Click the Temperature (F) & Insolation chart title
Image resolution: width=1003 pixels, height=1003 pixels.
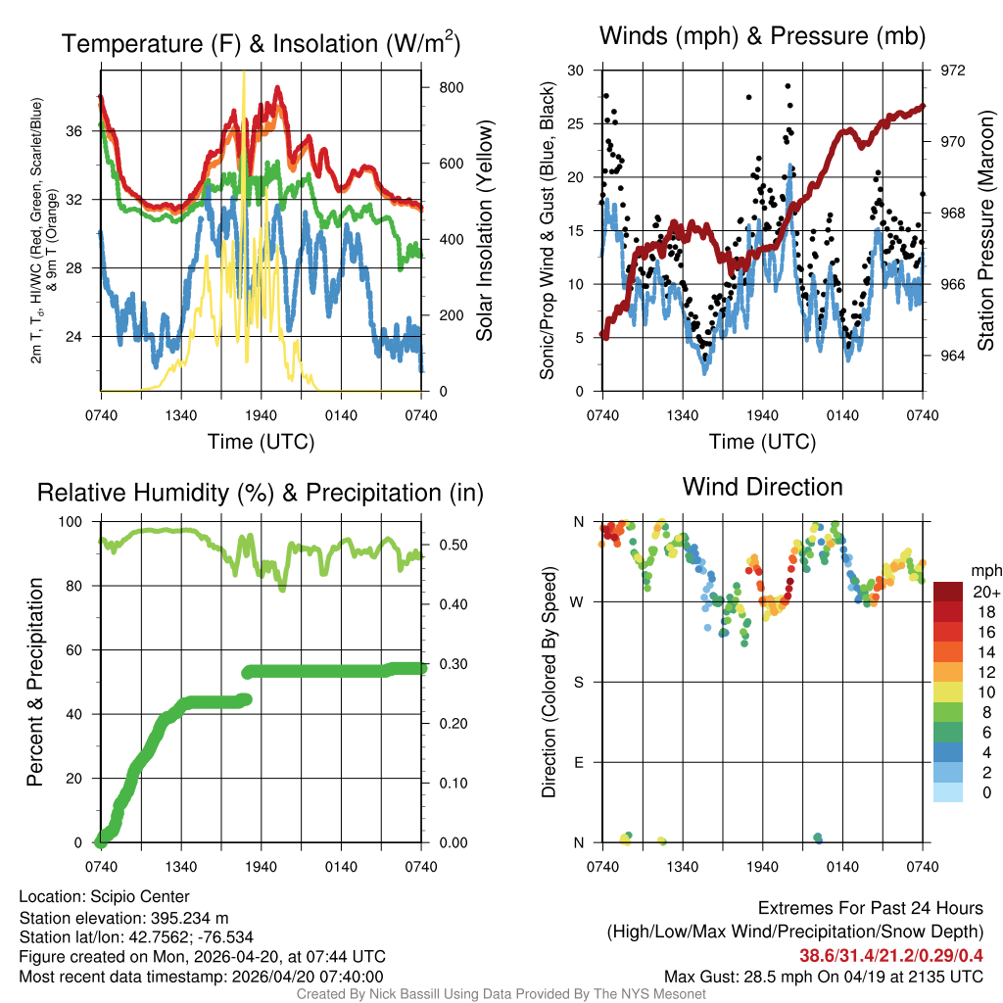click(261, 44)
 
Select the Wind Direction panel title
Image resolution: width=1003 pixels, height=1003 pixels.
click(763, 487)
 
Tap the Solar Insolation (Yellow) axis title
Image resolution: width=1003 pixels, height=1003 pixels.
click(484, 231)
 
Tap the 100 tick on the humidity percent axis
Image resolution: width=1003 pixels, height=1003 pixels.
click(81, 522)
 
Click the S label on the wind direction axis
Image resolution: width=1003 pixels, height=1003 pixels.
click(578, 682)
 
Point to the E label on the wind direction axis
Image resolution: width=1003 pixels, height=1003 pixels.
click(578, 762)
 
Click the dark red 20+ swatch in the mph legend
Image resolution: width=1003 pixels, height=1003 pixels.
click(949, 592)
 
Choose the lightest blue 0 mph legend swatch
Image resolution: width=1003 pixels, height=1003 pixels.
click(949, 793)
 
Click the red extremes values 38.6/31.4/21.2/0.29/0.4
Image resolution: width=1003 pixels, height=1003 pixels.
click(891, 955)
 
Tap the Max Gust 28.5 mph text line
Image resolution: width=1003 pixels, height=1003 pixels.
click(823, 977)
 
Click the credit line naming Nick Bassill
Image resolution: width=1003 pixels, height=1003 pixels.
click(501, 994)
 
